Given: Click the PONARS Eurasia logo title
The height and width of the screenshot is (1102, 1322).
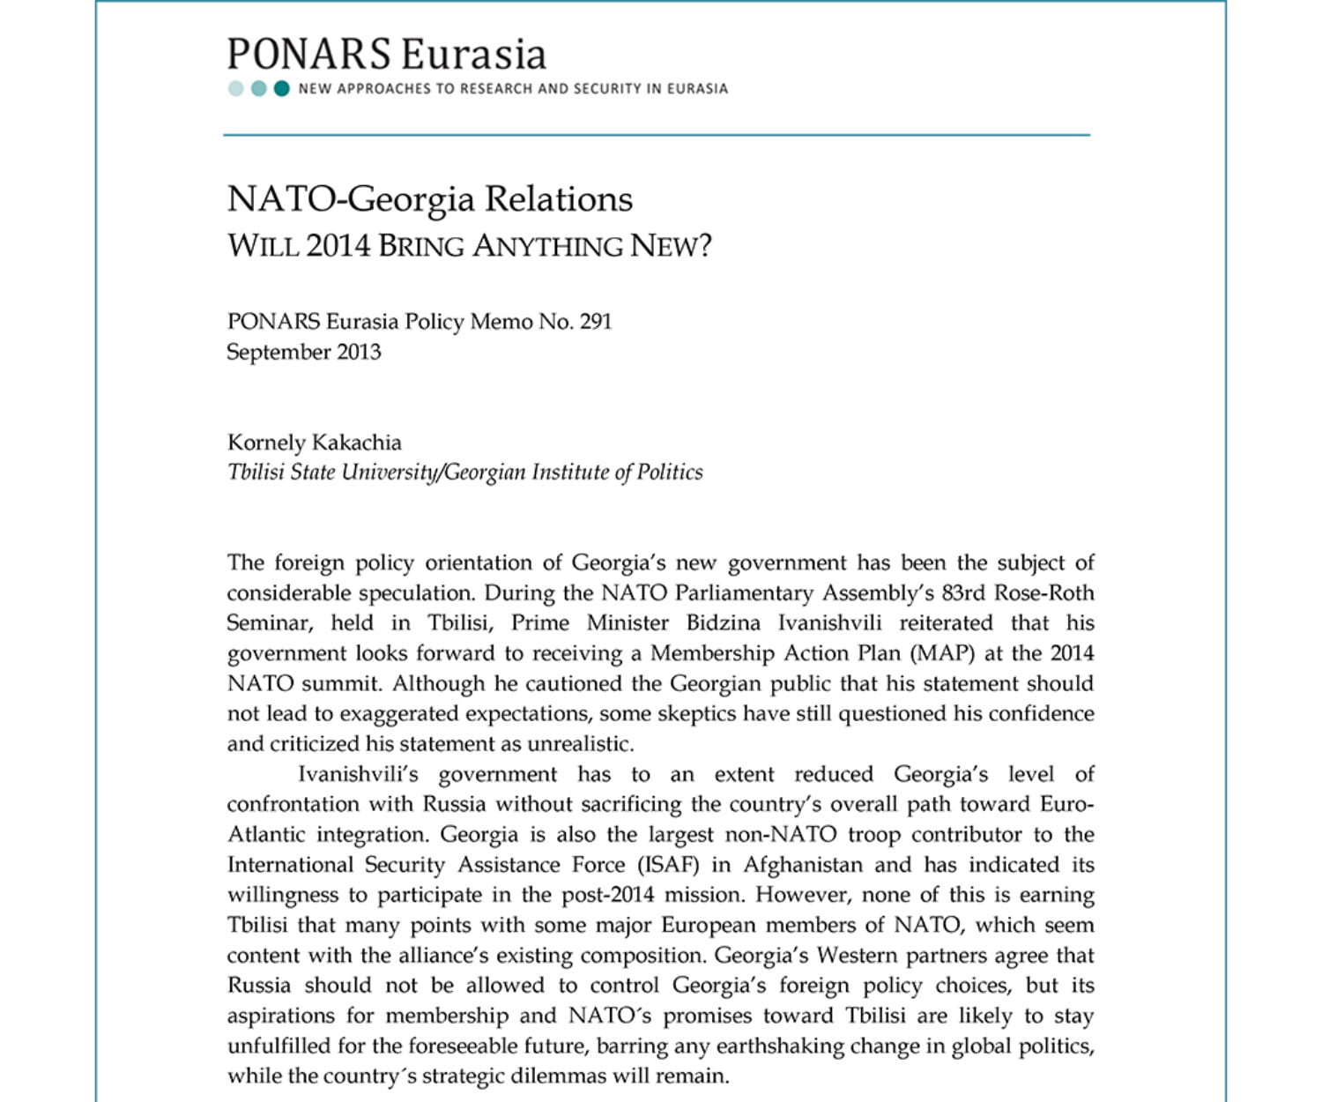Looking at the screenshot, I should (386, 55).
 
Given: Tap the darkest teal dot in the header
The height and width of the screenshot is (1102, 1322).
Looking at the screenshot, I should (281, 88).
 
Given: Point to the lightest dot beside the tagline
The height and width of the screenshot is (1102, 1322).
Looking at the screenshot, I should (235, 88).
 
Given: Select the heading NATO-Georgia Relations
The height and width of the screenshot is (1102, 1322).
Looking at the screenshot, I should (430, 199).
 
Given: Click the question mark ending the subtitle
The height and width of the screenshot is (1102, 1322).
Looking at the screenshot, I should (703, 245).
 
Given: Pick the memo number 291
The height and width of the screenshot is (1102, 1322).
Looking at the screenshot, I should (596, 322).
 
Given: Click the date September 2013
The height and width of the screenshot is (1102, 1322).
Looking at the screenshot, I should (304, 353).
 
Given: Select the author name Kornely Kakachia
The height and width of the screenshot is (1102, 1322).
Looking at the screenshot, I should (315, 443).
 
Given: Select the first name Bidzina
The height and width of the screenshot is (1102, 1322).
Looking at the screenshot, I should (723, 623).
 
